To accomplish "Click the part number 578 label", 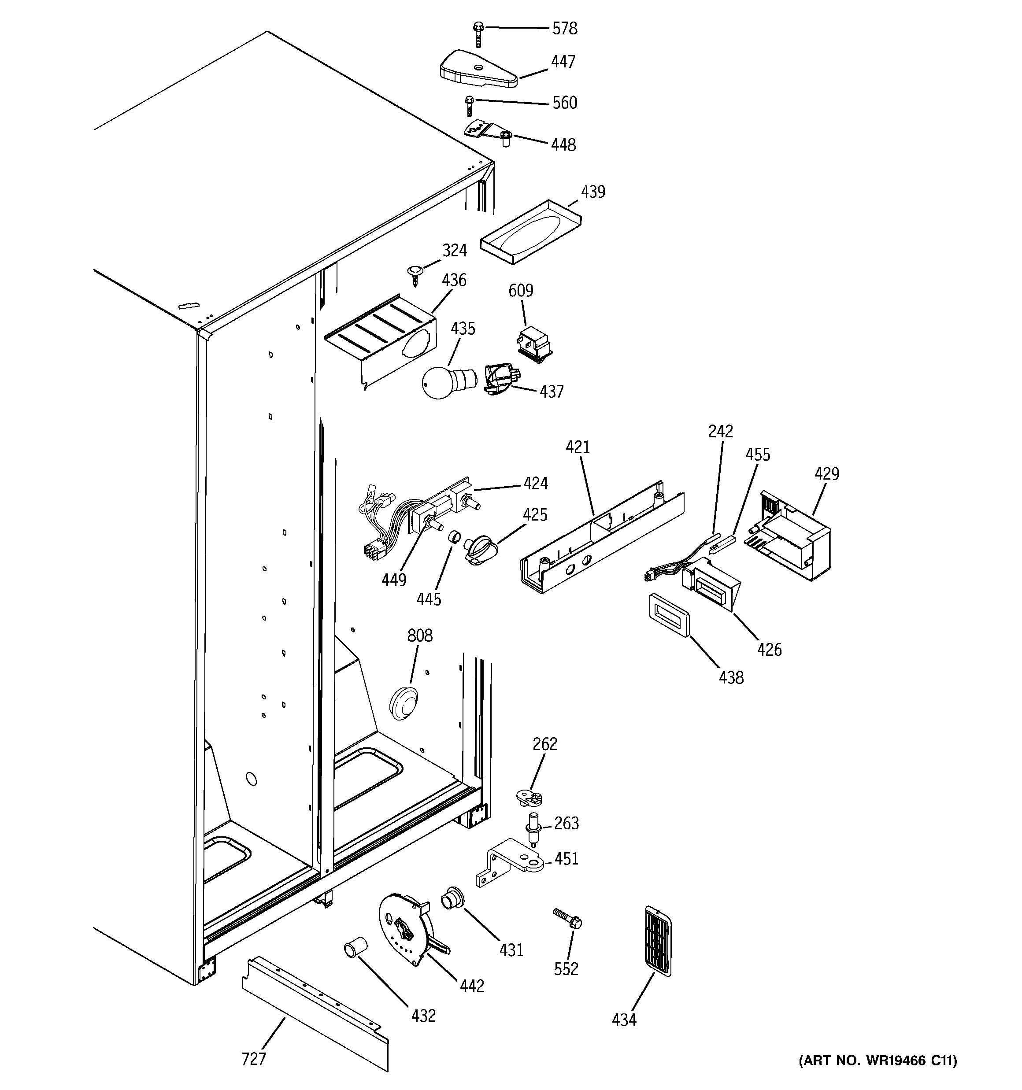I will (564, 29).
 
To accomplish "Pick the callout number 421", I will (578, 447).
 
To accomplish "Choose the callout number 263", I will (566, 823).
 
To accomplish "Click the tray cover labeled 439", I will (530, 232).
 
